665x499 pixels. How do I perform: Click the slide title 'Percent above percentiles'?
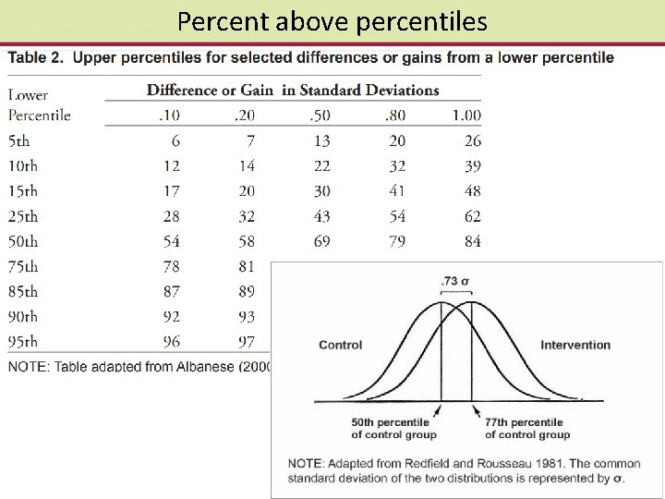tap(332, 21)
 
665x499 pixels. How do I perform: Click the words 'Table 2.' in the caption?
tap(37, 58)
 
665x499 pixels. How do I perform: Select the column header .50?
tap(320, 116)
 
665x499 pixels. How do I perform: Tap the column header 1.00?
tap(466, 116)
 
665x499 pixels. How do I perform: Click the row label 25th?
tap(23, 216)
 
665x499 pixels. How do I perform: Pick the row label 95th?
tap(23, 342)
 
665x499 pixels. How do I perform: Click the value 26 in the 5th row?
tap(472, 141)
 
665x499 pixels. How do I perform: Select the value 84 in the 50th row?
tap(472, 241)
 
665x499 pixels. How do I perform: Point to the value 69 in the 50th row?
tap(320, 241)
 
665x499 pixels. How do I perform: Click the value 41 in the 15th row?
tap(396, 191)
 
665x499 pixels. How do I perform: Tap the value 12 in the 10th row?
tap(171, 166)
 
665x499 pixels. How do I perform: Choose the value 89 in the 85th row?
tap(247, 291)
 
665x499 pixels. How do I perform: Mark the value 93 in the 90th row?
tap(247, 317)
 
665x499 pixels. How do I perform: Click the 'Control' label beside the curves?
tap(341, 345)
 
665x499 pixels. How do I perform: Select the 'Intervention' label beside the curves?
tap(575, 345)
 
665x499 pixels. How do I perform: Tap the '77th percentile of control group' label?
tap(527, 429)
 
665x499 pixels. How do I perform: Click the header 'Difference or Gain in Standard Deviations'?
tap(293, 90)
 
